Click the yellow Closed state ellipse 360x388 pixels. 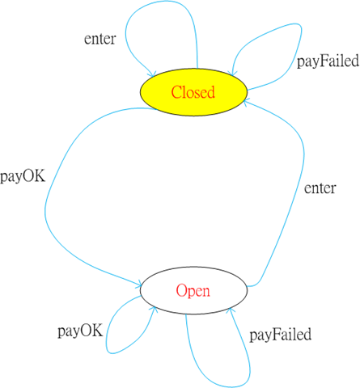pyautogui.click(x=193, y=92)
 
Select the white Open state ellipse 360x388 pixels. pyautogui.click(x=193, y=290)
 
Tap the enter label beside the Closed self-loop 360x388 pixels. pyautogui.click(x=100, y=39)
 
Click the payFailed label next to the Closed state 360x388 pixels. pyautogui.click(x=328, y=61)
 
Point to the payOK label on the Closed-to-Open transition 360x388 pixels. pyautogui.click(x=23, y=177)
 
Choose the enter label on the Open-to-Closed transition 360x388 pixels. pyautogui.click(x=320, y=188)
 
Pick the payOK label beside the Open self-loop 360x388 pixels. pyautogui.click(x=80, y=331)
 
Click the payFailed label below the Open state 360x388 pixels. pyautogui.click(x=281, y=335)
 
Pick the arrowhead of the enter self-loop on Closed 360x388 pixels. pyautogui.click(x=153, y=75)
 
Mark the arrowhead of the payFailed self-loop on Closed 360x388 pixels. pyautogui.click(x=233, y=74)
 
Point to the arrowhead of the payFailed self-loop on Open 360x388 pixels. pyautogui.click(x=230, y=310)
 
